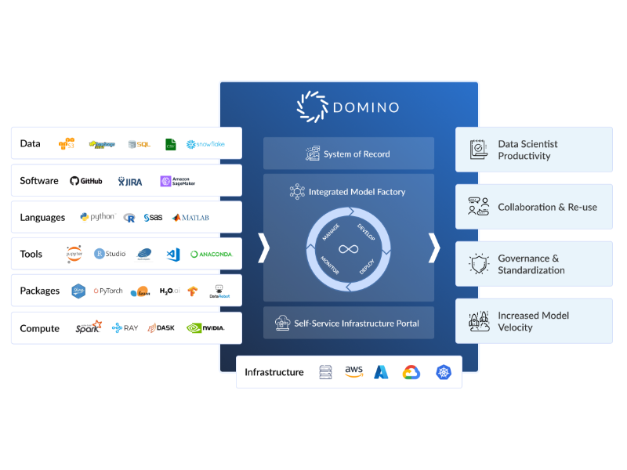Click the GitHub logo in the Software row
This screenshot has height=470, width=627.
(x=86, y=181)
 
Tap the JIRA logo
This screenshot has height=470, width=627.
(x=130, y=181)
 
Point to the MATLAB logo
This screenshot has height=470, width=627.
(x=191, y=218)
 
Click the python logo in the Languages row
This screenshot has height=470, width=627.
(x=97, y=217)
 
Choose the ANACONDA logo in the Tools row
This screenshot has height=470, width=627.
(x=211, y=254)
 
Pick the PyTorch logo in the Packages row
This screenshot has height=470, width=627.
(x=108, y=291)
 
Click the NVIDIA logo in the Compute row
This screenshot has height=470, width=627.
(x=205, y=328)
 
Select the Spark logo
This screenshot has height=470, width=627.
(x=89, y=327)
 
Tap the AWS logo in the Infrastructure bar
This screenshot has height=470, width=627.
(x=353, y=372)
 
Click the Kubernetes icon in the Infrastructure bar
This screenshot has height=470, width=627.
(x=444, y=372)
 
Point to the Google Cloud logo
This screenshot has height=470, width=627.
(x=411, y=372)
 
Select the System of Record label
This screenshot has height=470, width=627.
(x=357, y=154)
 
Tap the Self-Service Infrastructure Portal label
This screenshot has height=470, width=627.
(x=357, y=323)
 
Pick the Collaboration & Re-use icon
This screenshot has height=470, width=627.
(x=478, y=207)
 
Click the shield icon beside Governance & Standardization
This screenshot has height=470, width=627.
(x=478, y=264)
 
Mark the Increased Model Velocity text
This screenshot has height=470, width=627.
(x=533, y=321)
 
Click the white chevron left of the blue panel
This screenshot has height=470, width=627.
(x=264, y=248)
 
